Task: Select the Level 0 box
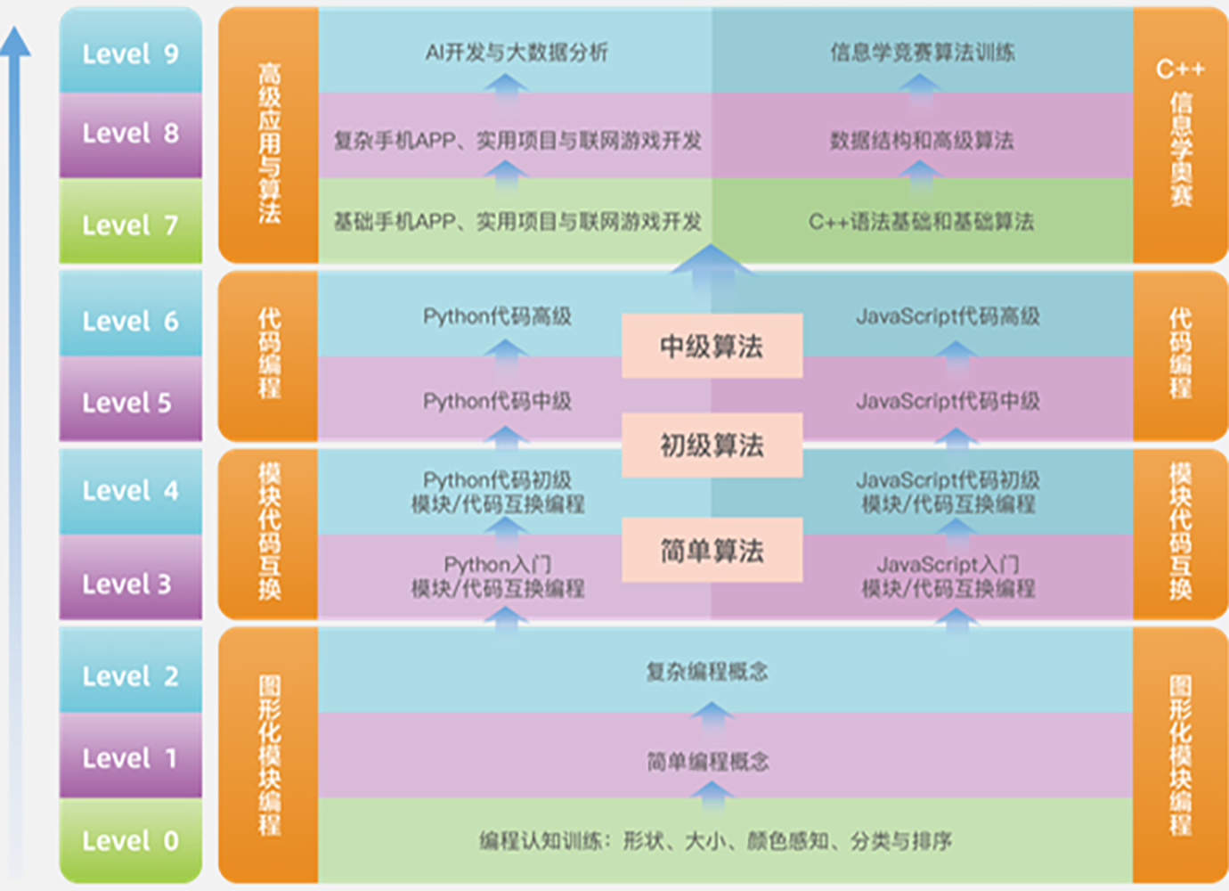[131, 840]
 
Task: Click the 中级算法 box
[712, 346]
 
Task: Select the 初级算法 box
[712, 445]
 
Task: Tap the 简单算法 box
[712, 550]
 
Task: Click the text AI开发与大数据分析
[517, 53]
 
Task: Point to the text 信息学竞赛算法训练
[923, 53]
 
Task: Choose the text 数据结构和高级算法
[922, 141]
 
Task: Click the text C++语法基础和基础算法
[921, 222]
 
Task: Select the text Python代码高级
[497, 316]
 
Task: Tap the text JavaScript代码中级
[948, 401]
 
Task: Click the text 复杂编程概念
[707, 672]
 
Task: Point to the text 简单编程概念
[708, 762]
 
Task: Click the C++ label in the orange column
[1180, 69]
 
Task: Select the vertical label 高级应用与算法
[269, 143]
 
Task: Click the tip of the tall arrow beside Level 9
[15, 27]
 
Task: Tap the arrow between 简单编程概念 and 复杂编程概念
[712, 719]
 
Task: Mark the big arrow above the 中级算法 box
[711, 277]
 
